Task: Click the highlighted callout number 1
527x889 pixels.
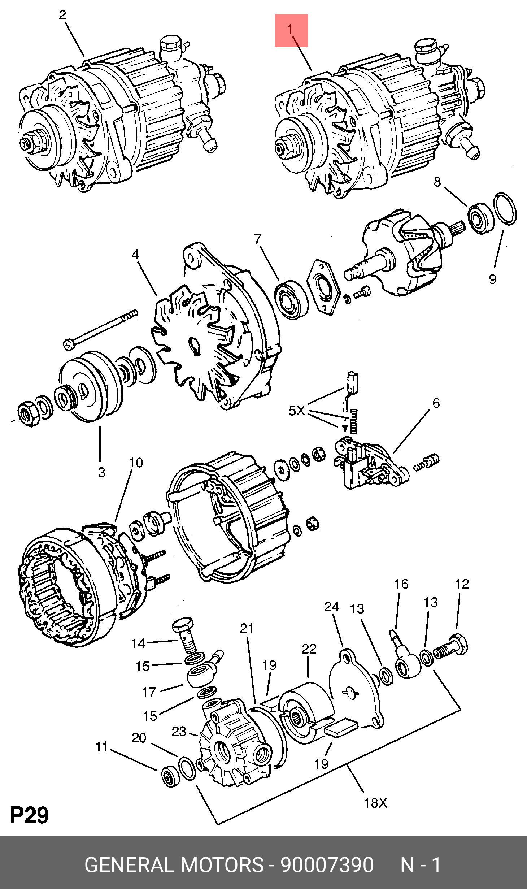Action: pyautogui.click(x=291, y=30)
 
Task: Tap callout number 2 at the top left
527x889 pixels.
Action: pyautogui.click(x=62, y=15)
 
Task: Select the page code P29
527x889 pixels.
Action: pyautogui.click(x=29, y=815)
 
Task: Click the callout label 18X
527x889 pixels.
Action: pyautogui.click(x=375, y=803)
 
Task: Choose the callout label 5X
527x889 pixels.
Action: pyautogui.click(x=297, y=411)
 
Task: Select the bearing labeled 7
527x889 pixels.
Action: pyautogui.click(x=291, y=299)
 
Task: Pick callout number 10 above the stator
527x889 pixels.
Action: pyautogui.click(x=136, y=463)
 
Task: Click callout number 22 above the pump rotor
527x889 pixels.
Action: pyautogui.click(x=309, y=649)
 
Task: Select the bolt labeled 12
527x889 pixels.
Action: pyautogui.click(x=451, y=650)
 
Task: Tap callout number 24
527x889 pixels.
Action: pyautogui.click(x=331, y=607)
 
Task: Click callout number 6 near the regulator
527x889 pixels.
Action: pyautogui.click(x=436, y=403)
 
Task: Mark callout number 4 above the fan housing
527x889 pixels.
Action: pyautogui.click(x=135, y=254)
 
